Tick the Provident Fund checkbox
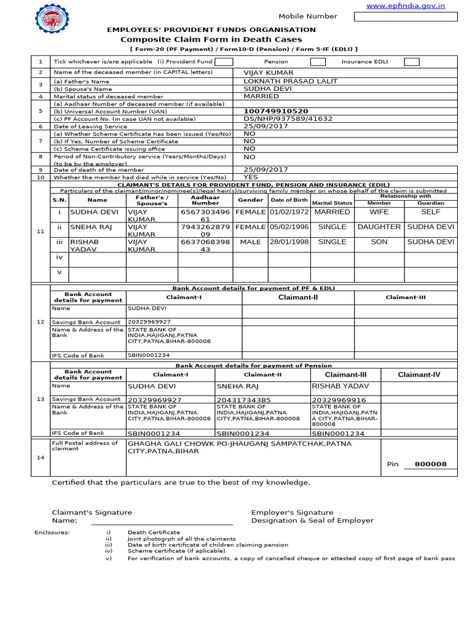point(224,61)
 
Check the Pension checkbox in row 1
point(318,61)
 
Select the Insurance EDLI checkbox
point(411,61)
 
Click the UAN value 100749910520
point(276,111)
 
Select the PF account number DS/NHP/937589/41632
point(288,119)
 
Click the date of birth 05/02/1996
point(289,227)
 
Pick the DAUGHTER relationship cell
point(379,227)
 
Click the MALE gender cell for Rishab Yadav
point(250,242)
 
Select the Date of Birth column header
point(289,200)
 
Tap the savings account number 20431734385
point(244,400)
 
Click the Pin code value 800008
point(431,464)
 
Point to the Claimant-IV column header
point(419,375)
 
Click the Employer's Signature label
point(292,512)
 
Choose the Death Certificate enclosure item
point(154,532)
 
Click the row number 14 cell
point(41,457)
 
